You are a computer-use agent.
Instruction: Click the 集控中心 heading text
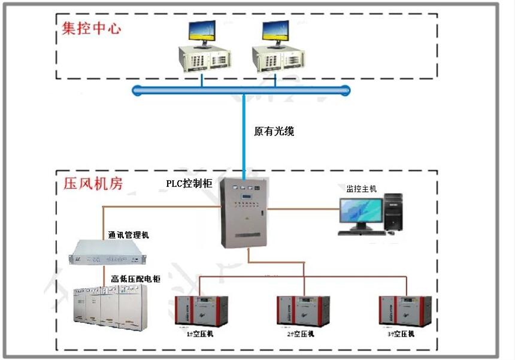(91, 28)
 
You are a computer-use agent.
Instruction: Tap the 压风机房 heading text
(93, 183)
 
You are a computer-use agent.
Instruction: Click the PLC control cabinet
(244, 213)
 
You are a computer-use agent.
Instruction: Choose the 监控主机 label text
(362, 189)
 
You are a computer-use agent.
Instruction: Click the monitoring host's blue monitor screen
(360, 211)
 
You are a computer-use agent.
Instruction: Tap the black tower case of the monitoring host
(393, 211)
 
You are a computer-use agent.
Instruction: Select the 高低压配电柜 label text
(135, 279)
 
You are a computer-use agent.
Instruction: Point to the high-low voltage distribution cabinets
(108, 305)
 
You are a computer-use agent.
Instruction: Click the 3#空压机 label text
(402, 334)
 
